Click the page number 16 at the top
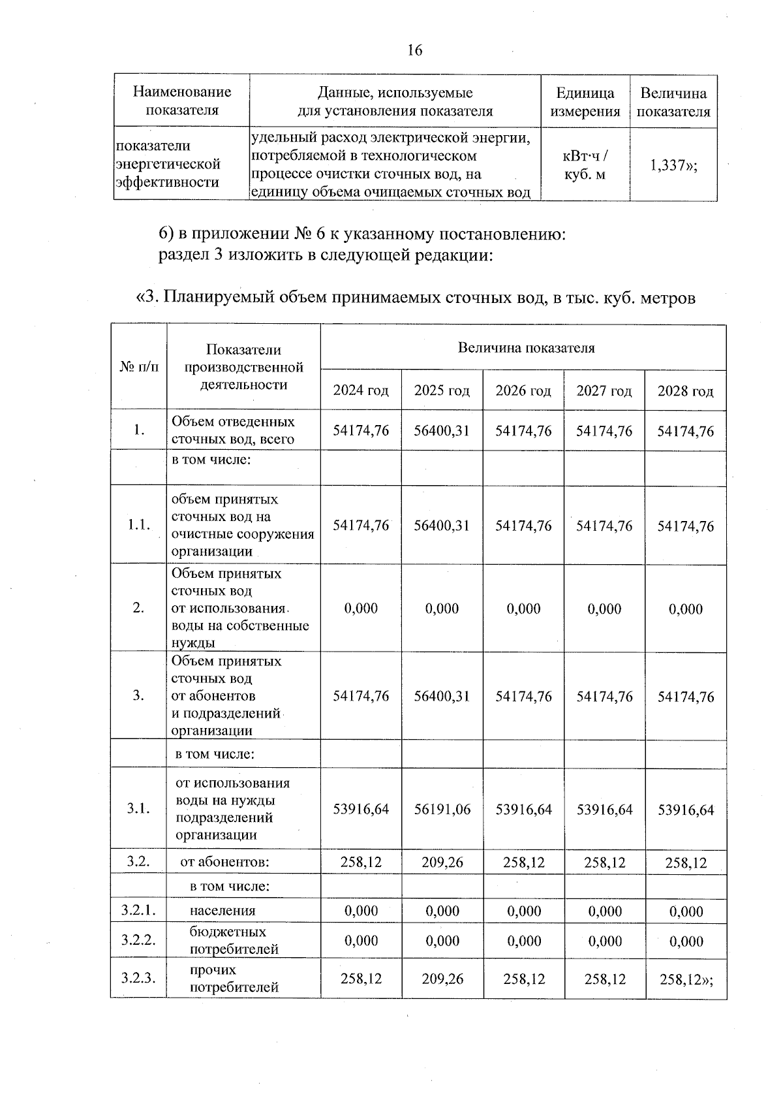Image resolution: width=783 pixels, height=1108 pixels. click(x=415, y=50)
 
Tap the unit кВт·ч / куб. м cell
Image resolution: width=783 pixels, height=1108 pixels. click(x=585, y=166)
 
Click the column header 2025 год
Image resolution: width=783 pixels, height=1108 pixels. click(x=442, y=391)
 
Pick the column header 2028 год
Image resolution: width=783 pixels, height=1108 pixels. click(x=685, y=391)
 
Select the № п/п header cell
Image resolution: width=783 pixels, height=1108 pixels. click(x=138, y=367)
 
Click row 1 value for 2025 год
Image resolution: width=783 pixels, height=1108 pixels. click(x=442, y=431)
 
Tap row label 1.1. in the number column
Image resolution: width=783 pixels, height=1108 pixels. click(x=138, y=526)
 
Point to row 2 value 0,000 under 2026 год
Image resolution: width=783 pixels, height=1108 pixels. click(x=523, y=609)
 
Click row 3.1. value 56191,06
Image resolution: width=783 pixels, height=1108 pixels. click(x=442, y=810)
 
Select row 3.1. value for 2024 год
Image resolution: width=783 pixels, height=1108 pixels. click(x=361, y=810)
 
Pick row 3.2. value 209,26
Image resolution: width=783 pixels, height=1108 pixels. click(x=442, y=863)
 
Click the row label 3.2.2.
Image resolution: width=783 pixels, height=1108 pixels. click(x=138, y=940)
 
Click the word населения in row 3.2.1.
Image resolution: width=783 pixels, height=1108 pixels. click(x=223, y=911)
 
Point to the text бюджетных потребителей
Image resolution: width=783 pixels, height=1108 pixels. click(x=234, y=940)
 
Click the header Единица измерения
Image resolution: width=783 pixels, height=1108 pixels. click(x=585, y=102)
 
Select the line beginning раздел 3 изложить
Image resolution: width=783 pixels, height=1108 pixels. click(x=325, y=255)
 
